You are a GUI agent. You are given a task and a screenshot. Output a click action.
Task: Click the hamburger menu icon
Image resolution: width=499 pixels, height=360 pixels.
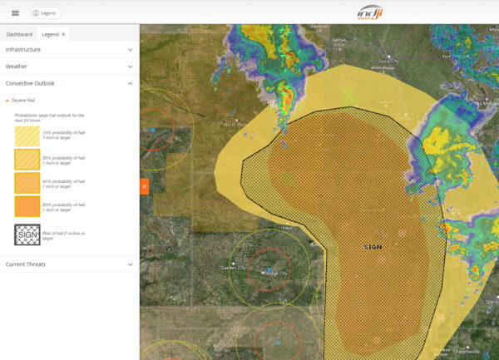pos(15,13)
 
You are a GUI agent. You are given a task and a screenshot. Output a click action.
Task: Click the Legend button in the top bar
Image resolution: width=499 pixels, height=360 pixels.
pos(45,13)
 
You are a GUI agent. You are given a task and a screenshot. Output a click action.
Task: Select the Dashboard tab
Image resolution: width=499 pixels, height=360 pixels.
pos(19,34)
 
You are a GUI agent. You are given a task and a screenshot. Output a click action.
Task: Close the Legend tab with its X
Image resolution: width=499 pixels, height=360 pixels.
pos(64,34)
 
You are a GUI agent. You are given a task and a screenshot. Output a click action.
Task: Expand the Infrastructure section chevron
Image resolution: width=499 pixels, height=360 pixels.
pos(131,50)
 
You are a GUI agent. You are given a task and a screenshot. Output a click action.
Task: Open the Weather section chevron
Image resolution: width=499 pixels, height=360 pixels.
pos(131,67)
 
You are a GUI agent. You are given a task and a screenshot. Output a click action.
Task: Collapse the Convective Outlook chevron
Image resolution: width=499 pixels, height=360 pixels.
pos(131,83)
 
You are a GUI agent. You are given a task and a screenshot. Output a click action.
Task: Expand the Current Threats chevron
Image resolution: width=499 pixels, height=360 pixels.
pos(131,264)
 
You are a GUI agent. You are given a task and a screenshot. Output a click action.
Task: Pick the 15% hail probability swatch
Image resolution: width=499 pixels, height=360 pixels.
pos(27,135)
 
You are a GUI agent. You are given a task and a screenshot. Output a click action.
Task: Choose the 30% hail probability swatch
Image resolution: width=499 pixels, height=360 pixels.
pos(27,158)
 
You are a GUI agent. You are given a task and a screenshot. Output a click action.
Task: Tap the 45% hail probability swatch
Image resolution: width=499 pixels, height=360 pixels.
pos(27,182)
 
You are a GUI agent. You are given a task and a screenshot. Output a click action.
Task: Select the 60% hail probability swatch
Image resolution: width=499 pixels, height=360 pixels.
pos(27,205)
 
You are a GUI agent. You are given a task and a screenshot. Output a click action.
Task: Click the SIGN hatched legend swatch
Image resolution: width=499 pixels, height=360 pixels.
pos(27,234)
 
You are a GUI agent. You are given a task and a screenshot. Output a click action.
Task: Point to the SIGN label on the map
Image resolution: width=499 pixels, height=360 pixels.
pos(373,248)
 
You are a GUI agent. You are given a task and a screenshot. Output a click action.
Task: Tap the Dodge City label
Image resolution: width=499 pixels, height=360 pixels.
pos(276,274)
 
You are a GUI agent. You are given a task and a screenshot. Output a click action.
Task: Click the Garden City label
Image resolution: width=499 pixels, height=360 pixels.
pos(234,268)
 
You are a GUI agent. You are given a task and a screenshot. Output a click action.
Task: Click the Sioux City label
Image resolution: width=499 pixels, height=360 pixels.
pos(388,61)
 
